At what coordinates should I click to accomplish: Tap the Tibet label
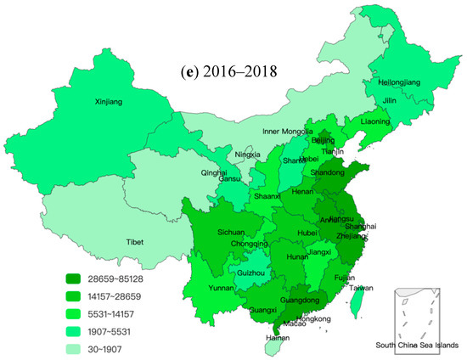[x=135, y=241]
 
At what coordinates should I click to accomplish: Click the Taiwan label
[x=361, y=289]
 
